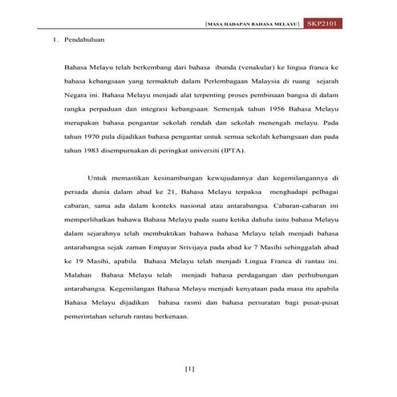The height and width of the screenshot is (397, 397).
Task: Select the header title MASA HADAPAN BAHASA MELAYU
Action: (253, 24)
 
